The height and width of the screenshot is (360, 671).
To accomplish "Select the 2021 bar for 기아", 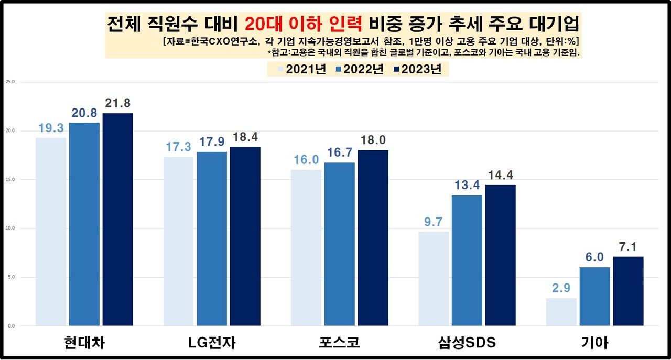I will pyautogui.click(x=561, y=312).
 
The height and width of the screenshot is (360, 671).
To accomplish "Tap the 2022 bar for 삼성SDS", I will pyautogui.click(x=467, y=260).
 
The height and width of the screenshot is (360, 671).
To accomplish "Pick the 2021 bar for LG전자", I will pyautogui.click(x=178, y=241).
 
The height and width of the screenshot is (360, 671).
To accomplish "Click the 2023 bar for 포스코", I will pyautogui.click(x=373, y=238).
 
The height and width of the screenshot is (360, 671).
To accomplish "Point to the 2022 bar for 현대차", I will pyautogui.click(x=84, y=224).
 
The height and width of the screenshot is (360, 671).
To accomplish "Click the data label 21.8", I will pyautogui.click(x=117, y=104).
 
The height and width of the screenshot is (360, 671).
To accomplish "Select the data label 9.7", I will pyautogui.click(x=433, y=222).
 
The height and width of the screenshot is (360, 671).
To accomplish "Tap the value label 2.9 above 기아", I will pyautogui.click(x=561, y=289).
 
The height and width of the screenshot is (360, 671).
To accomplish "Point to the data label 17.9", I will pyautogui.click(x=212, y=143).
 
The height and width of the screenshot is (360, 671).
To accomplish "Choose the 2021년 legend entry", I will pyautogui.click(x=300, y=69).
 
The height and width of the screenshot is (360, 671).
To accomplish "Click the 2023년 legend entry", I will pyautogui.click(x=419, y=69).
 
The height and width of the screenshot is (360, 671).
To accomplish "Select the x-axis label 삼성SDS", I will pyautogui.click(x=467, y=343).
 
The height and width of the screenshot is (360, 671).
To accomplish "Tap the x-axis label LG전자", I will pyautogui.click(x=212, y=343).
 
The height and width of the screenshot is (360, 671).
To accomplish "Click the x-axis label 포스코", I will pyautogui.click(x=339, y=343).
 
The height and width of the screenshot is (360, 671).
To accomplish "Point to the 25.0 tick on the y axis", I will pyautogui.click(x=10, y=82).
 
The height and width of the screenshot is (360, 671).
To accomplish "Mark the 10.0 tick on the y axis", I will pyautogui.click(x=10, y=228).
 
